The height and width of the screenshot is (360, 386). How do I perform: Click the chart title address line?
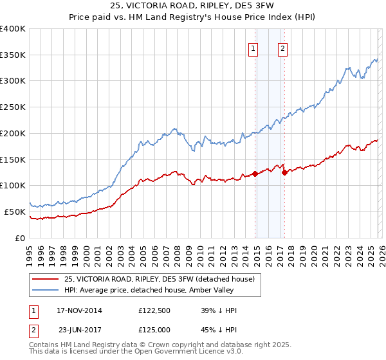[x=192, y=5]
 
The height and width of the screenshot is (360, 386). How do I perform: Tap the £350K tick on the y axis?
[x=13, y=55]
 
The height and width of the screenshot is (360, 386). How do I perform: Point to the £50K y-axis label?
[x=15, y=212]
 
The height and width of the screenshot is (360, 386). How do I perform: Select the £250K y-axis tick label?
[x=13, y=107]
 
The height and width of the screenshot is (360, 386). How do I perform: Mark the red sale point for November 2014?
[x=255, y=174]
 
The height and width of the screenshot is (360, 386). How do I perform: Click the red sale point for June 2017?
[x=285, y=172]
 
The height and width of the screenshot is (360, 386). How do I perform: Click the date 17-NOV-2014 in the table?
[x=79, y=310]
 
